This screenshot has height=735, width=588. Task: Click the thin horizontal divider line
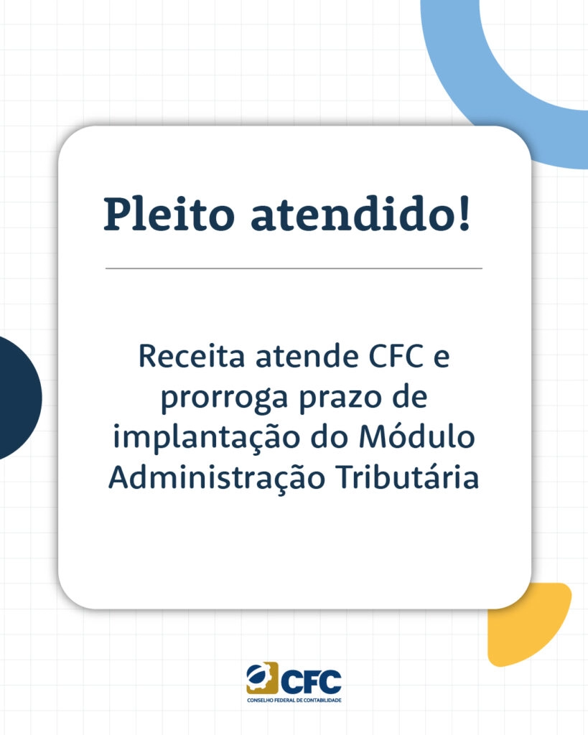tap(294, 268)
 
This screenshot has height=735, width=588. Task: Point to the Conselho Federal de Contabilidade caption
tap(294, 700)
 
